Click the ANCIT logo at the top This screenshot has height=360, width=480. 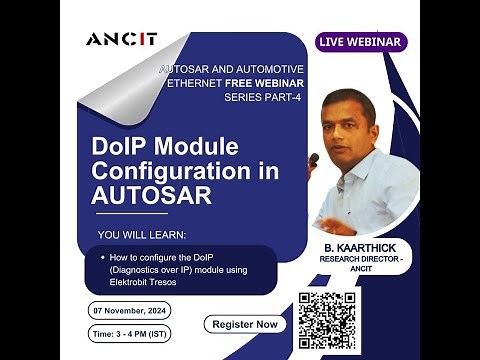[x=122, y=39]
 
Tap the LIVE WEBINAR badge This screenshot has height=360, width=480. [x=360, y=41]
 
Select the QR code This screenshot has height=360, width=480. [x=327, y=320]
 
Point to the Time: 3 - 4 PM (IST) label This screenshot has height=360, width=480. [x=131, y=331]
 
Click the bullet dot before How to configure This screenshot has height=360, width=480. [x=103, y=258]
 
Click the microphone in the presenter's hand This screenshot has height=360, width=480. [x=314, y=160]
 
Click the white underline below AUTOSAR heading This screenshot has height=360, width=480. [x=130, y=213]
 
